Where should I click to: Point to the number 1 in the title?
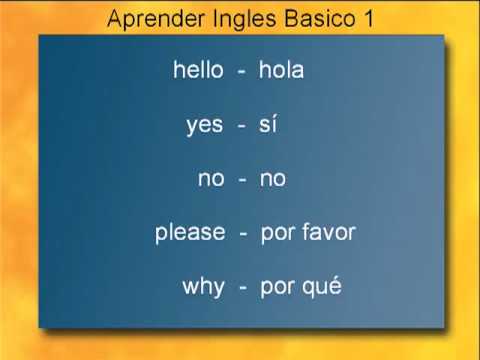368,19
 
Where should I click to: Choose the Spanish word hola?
281,70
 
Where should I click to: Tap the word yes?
204,125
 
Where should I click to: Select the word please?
190,234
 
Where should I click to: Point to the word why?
203,288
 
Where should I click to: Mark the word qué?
322,288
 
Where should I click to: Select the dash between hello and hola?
241,71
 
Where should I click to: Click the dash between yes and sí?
241,126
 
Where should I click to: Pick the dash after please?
243,234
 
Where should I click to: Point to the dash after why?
243,288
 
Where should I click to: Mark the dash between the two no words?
242,180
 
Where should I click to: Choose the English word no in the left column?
211,179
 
